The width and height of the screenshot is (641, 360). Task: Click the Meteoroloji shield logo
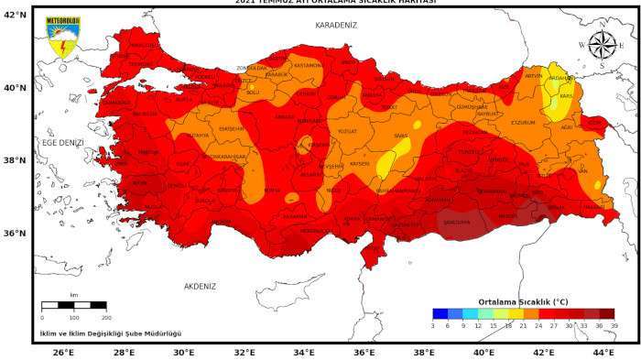pos(62,38)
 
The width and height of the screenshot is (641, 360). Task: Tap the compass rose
pos(602,45)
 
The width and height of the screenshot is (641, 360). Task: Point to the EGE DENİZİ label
pos(61,143)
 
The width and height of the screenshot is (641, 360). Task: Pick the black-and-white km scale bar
pos(73,305)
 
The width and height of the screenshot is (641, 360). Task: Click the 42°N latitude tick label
pos(15,16)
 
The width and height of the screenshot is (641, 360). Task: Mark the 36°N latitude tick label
pos(15,233)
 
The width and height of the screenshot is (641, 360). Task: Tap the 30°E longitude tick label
pos(183,352)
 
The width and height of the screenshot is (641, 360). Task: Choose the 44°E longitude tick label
pos(603,352)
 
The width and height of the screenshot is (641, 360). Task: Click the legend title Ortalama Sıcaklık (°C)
pos(523,301)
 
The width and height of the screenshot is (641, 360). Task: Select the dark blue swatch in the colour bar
pos(440,314)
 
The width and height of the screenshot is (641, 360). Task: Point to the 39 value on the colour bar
pos(614,325)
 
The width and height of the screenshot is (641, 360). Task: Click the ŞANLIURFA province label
pos(455,222)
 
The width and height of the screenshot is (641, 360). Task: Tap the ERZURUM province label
pos(522,122)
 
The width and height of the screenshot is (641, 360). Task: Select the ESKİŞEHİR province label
pos(231,129)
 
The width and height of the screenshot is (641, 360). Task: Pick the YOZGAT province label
pos(346,131)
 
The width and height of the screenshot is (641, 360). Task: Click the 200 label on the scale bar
pos(105,316)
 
